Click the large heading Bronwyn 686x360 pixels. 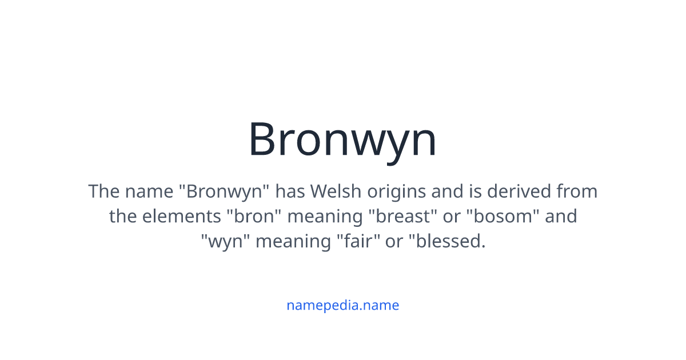(342, 139)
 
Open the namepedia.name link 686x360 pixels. (342, 305)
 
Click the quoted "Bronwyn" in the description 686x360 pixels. (224, 191)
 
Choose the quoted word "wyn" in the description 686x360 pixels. (225, 242)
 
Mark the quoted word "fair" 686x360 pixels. (357, 242)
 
